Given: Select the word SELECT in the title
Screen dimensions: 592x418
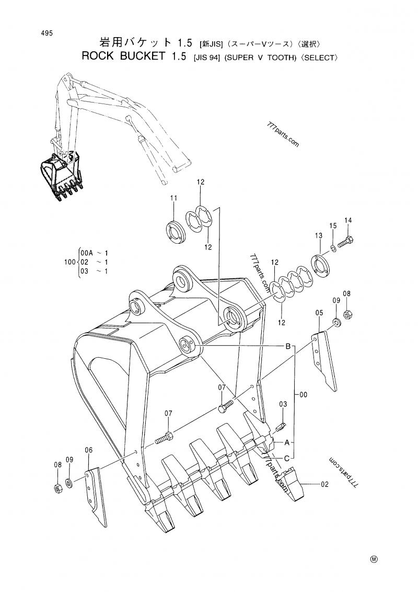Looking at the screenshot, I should [x=315, y=57].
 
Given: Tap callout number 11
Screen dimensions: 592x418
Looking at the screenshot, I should [x=173, y=198].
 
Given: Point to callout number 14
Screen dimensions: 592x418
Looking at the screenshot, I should [x=348, y=220].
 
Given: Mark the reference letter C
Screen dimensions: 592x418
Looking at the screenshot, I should [x=287, y=458].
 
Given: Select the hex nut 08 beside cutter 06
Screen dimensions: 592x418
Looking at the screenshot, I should [x=58, y=488].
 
